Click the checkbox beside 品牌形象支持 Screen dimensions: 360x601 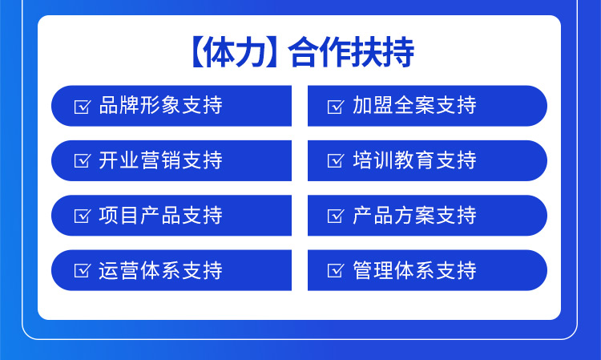tap(82, 106)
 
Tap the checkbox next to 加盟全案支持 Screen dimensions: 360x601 tap(335, 106)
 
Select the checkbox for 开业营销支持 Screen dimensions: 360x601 tap(82, 160)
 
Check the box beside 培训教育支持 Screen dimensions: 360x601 tap(335, 160)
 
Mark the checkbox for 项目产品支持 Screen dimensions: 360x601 tap(82, 216)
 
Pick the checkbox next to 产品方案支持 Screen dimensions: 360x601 tap(335, 216)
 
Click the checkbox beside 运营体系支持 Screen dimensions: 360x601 tap(82, 270)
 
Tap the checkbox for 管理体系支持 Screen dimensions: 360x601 tap(335, 270)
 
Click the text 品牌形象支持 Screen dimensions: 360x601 tap(160, 106)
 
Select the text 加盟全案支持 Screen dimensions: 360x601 tap(414, 106)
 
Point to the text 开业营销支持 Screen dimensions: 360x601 tap(160, 160)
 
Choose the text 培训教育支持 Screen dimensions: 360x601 tap(414, 160)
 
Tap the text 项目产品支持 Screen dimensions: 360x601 tap(160, 216)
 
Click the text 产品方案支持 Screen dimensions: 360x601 tap(414, 216)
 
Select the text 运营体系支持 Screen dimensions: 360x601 tap(160, 270)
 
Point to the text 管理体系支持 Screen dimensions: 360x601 tap(414, 270)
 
